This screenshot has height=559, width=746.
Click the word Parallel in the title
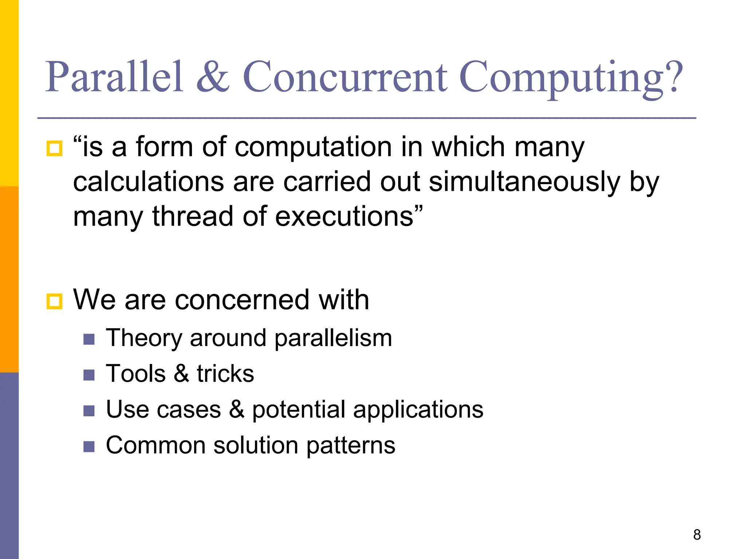tap(114, 77)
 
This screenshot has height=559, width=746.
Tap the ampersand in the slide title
tap(213, 77)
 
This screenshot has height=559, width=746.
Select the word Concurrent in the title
tap(345, 77)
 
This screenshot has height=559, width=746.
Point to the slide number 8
tap(697, 535)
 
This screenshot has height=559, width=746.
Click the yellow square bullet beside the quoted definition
tap(55, 148)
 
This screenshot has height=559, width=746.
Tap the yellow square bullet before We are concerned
tap(55, 301)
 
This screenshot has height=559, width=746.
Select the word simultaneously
tap(525, 182)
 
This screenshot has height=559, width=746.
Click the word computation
tap(314, 147)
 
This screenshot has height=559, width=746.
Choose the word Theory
tap(144, 338)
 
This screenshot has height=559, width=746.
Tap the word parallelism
tap(333, 338)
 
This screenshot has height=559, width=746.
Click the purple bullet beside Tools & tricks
tap(89, 375)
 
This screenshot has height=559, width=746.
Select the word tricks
tap(225, 374)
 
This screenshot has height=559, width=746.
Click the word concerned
tap(242, 300)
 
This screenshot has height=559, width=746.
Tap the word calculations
tap(148, 182)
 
